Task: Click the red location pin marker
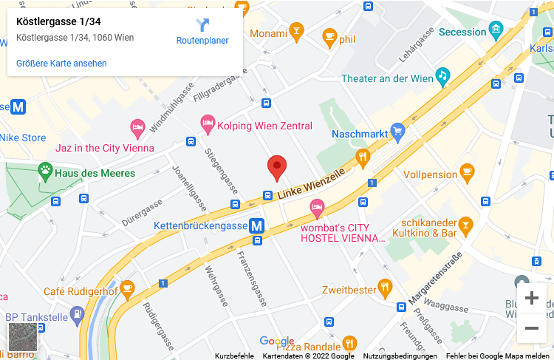(277, 167)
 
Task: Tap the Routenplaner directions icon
(202, 25)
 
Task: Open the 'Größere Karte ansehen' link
(61, 64)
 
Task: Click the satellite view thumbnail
(22, 337)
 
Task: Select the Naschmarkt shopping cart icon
(398, 134)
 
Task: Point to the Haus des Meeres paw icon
(45, 173)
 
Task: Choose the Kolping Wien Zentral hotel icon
(208, 126)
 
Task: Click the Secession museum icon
(496, 32)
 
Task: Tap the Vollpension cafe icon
(467, 174)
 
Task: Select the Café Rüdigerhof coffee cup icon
(128, 291)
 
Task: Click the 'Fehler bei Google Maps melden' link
(499, 356)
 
